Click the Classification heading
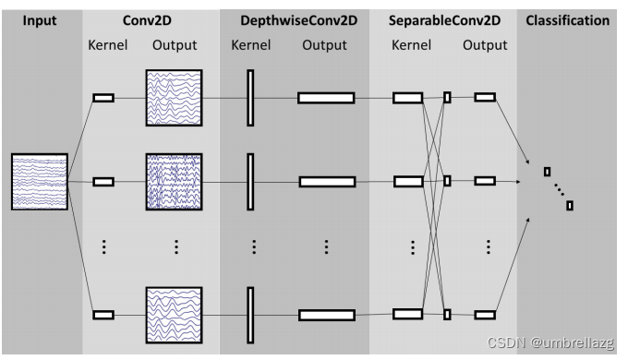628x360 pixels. click(567, 19)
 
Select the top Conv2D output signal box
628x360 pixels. click(173, 97)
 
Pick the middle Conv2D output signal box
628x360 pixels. click(173, 182)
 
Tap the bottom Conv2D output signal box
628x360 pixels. click(173, 315)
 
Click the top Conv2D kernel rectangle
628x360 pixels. click(103, 97)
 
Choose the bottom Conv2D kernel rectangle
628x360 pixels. click(103, 315)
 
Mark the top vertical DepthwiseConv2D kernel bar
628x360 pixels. click(249, 97)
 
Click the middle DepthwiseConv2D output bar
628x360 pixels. click(325, 182)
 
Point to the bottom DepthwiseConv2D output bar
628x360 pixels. click(325, 315)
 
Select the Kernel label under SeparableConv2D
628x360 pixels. click(411, 44)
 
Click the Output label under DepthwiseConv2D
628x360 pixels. click(325, 44)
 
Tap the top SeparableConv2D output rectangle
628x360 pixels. click(485, 97)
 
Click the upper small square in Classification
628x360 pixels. click(547, 171)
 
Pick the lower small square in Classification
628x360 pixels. click(570, 205)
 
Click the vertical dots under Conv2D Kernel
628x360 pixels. click(103, 247)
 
